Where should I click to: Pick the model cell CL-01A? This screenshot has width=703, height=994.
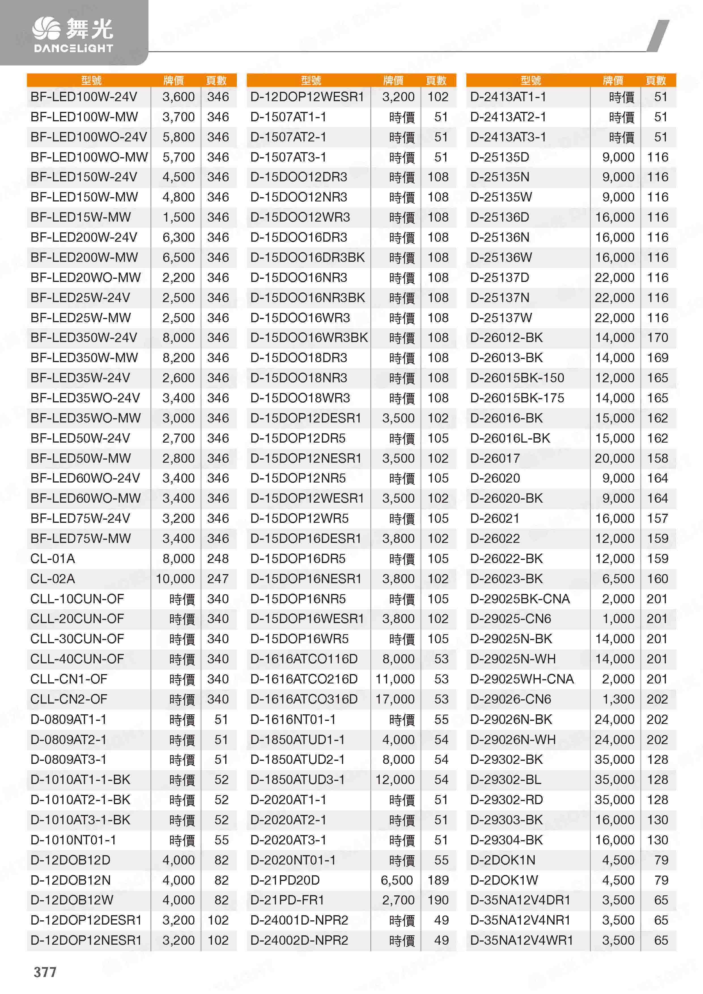click(53, 558)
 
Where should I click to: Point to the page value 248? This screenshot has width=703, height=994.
click(218, 558)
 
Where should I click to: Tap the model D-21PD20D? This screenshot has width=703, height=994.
click(285, 880)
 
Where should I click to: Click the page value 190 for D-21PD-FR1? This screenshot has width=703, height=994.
click(438, 900)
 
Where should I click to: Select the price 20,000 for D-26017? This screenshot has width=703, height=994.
click(615, 458)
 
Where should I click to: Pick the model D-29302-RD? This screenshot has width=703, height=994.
click(506, 800)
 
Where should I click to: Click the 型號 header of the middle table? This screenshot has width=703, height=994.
click(311, 80)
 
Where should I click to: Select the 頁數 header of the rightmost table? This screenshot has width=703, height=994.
click(656, 80)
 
